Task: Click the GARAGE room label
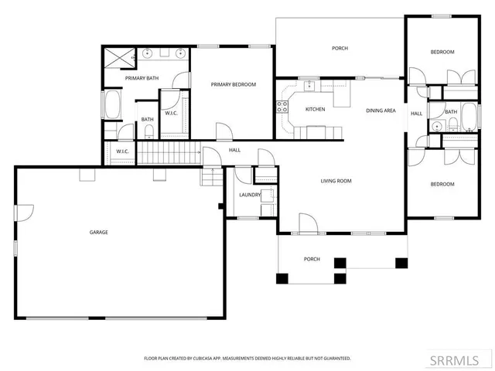tap(98, 232)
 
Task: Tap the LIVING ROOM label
tap(336, 181)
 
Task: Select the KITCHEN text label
tap(315, 109)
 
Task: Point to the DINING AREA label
tap(381, 111)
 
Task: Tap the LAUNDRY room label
tap(249, 195)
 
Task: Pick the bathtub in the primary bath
tap(111, 105)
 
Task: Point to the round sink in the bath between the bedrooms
tap(437, 125)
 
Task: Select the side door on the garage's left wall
tap(26, 210)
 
